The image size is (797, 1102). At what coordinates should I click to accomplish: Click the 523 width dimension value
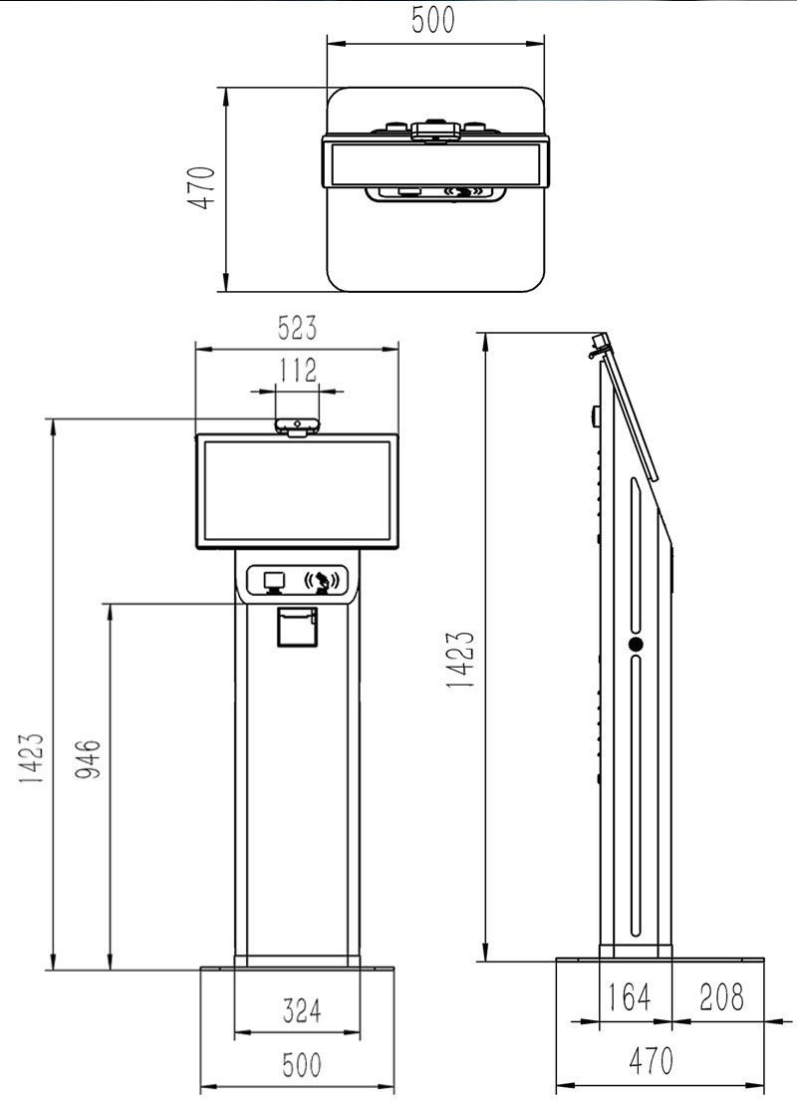tap(297, 328)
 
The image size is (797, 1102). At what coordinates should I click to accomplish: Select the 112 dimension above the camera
tap(297, 372)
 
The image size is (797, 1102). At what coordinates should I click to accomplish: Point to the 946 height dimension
tap(89, 760)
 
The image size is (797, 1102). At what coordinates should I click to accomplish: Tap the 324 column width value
tap(298, 1011)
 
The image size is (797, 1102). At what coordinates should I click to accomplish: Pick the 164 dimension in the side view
tap(629, 997)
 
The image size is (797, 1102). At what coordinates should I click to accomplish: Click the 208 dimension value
tap(720, 997)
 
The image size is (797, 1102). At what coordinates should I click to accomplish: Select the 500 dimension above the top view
tap(434, 21)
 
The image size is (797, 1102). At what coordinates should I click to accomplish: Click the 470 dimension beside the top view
tap(202, 187)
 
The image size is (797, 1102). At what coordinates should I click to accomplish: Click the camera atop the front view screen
tap(297, 426)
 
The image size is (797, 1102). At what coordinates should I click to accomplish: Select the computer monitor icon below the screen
tap(274, 580)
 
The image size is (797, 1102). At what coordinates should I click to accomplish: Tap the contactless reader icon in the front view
tap(323, 581)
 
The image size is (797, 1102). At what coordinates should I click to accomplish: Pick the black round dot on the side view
tap(636, 645)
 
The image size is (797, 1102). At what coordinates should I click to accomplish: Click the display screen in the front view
tap(297, 491)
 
